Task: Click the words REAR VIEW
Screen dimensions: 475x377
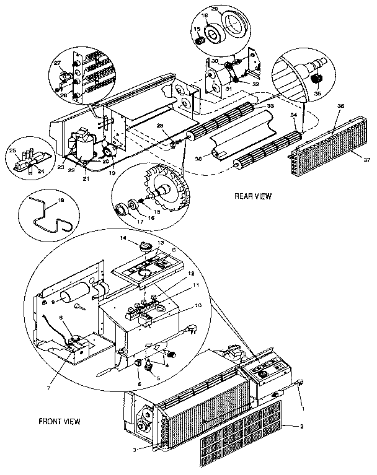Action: point(253,196)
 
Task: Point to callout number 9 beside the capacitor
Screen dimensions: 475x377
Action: point(54,302)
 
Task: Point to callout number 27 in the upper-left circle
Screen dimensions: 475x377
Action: point(58,63)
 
